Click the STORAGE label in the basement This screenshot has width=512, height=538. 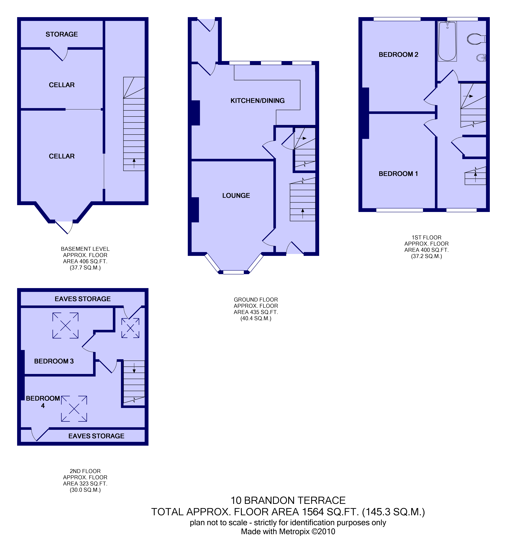[62, 34]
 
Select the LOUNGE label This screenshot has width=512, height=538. [236, 195]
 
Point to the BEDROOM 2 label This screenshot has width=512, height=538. [399, 55]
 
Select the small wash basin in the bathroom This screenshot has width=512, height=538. [481, 58]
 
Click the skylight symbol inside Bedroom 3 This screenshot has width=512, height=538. [66, 326]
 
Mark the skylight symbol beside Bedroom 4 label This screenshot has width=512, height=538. [74, 409]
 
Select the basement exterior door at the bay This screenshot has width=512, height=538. [64, 227]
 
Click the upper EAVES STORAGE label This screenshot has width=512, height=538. [83, 299]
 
